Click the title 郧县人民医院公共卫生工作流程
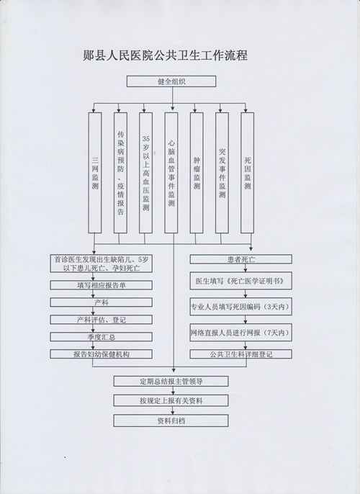coord(166,55)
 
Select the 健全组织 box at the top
coord(171,81)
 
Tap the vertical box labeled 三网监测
coord(95,173)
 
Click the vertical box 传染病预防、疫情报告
coord(120,173)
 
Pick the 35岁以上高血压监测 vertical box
coord(146,173)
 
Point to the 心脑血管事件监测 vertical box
coord(171,173)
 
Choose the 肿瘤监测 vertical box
coord(197,173)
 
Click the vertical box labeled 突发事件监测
coord(222,173)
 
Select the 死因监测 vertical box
coord(248,173)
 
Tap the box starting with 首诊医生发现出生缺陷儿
coord(101,264)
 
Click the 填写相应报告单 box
coord(101,285)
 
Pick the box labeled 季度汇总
coord(101,337)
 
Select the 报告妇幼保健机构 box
coord(101,354)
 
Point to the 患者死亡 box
coord(241,259)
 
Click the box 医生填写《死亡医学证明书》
coord(241,281)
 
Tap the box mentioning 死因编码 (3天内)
coord(241,307)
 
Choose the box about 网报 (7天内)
coord(241,333)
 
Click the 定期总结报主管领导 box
coord(171,381)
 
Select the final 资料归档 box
coord(171,421)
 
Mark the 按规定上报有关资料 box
coord(171,400)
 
